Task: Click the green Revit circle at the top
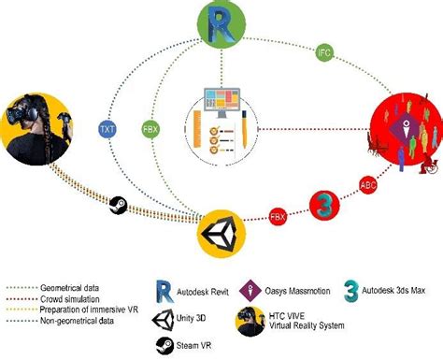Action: (x=221, y=24)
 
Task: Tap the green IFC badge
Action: (x=324, y=52)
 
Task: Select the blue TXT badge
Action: (x=107, y=129)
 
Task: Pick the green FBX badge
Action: (x=150, y=129)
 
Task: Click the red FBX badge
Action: (x=278, y=217)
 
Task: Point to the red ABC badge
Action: (x=368, y=185)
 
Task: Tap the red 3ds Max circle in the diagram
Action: (x=324, y=205)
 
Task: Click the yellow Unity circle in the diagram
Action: (x=221, y=234)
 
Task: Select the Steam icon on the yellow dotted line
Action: (x=119, y=205)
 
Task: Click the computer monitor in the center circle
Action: (x=221, y=103)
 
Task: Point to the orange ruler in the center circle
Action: (x=197, y=128)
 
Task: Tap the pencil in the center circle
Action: (x=244, y=129)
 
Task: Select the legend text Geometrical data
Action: (x=69, y=288)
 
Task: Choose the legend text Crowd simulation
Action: (x=70, y=299)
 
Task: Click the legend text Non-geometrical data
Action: (x=77, y=321)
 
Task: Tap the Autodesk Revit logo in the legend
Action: (x=164, y=292)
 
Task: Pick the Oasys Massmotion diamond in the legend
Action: (x=250, y=291)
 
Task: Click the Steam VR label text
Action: (x=193, y=345)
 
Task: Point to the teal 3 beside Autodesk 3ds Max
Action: (x=351, y=291)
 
